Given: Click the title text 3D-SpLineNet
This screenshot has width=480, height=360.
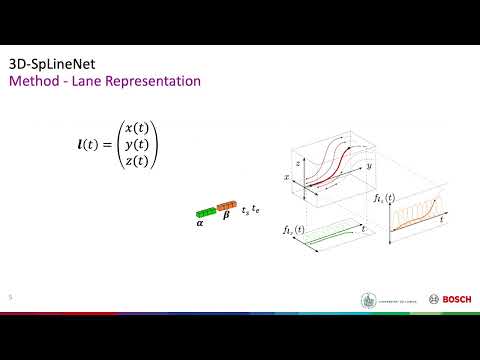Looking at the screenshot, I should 49,62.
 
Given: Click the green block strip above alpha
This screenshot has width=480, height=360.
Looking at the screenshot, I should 205,212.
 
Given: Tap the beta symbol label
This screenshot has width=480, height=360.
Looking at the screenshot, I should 225,225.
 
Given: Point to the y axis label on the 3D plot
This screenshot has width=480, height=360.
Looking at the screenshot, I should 369,163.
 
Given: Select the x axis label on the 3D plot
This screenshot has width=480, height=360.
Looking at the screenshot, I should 288,178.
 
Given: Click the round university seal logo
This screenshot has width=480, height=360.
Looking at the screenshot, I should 365,299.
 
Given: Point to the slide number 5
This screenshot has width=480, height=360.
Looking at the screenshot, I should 10,297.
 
